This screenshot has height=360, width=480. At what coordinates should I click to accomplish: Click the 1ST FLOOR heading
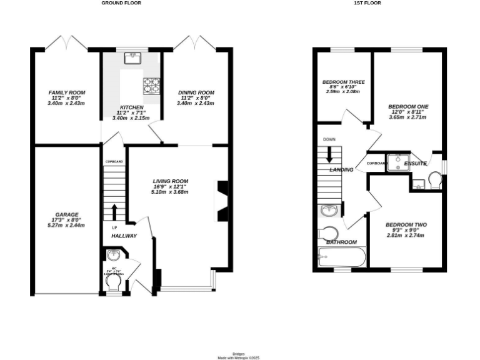pos(367,3)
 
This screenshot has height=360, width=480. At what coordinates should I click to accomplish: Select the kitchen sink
pos(132,58)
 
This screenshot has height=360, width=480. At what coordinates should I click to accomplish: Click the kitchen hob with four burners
pos(152,84)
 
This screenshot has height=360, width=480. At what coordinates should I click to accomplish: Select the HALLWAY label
pos(124,237)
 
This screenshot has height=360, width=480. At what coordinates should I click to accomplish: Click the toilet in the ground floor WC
pos(114,283)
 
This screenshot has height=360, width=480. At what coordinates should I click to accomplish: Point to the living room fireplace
pos(221,201)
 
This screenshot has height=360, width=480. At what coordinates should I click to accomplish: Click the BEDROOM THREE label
pos(344,82)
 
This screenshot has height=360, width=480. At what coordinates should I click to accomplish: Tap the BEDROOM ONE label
pos(407,106)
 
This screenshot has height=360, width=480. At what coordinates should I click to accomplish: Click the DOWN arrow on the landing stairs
pos(329,155)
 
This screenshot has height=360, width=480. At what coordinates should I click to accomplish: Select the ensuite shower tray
pos(395,162)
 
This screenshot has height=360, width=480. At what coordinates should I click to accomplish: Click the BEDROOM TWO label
pos(406,225)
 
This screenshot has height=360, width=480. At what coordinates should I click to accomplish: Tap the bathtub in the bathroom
pos(341,256)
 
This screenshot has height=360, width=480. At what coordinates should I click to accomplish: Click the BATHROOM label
pos(341,242)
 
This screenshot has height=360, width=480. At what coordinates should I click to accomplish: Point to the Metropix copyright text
pos(238,357)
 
